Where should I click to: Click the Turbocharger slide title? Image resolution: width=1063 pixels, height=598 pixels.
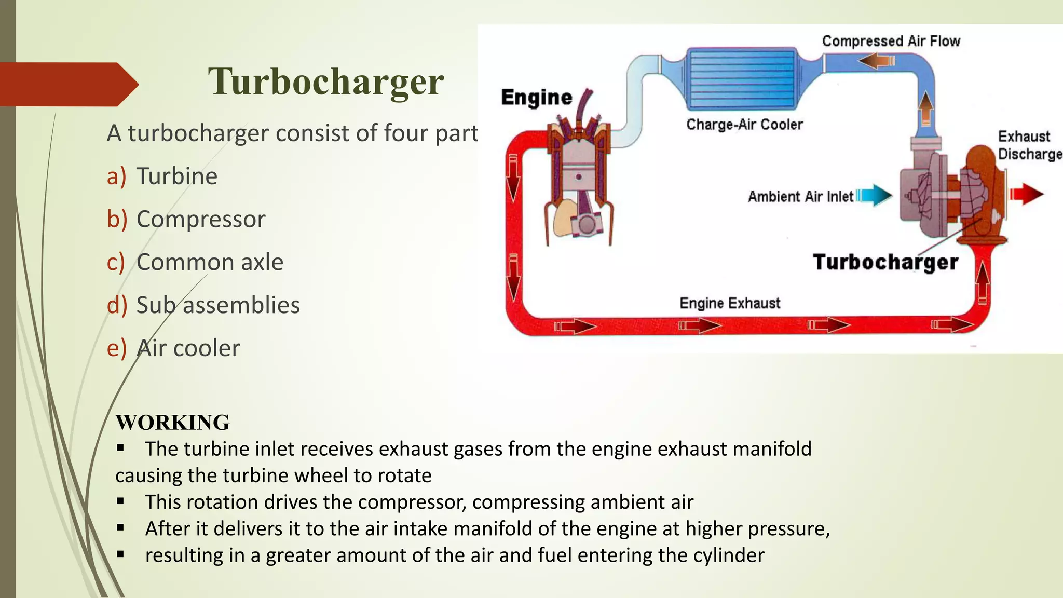point(325,81)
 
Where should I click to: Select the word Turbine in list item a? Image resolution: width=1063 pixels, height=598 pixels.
point(176,176)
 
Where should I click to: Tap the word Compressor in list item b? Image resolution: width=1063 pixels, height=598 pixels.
point(200,219)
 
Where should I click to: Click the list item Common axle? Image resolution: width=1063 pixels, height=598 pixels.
point(210,262)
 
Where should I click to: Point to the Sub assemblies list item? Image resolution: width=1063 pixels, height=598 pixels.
point(218,305)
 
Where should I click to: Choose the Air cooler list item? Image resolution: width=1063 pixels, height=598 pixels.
point(188,348)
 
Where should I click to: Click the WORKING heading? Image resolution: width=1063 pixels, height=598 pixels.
point(172,423)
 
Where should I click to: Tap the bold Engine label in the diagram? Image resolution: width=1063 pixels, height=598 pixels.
point(536,98)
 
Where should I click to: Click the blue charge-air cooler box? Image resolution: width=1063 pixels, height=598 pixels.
point(741,79)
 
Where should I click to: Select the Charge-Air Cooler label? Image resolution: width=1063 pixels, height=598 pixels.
point(744,125)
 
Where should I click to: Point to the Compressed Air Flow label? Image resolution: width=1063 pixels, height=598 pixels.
point(891,41)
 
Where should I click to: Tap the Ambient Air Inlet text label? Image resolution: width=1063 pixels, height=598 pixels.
point(800,197)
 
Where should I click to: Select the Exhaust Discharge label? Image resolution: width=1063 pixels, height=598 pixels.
point(1029,145)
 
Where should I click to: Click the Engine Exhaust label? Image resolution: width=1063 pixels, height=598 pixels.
point(730,303)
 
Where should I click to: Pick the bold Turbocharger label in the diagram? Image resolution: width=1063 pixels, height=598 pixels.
point(885,262)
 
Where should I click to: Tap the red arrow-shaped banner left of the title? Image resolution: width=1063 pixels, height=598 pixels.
point(67,84)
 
